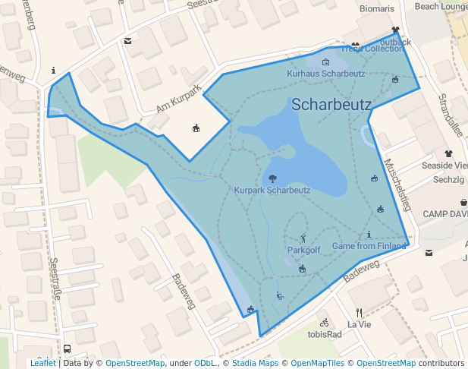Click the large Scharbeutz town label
point(331,104)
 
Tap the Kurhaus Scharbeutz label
point(325,74)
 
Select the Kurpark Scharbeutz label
point(272,190)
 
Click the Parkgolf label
point(304,250)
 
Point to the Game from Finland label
point(369,246)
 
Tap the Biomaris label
point(377,9)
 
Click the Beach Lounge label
point(441,6)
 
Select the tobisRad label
point(324,335)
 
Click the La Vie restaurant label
point(360,324)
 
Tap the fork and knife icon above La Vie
point(360,312)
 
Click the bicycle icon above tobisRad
point(324,323)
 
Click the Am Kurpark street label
point(178,99)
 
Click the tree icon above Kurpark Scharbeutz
point(272,179)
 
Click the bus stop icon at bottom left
point(67,349)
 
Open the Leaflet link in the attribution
point(42,364)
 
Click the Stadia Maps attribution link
point(253,364)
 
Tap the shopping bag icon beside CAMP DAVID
point(463,203)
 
